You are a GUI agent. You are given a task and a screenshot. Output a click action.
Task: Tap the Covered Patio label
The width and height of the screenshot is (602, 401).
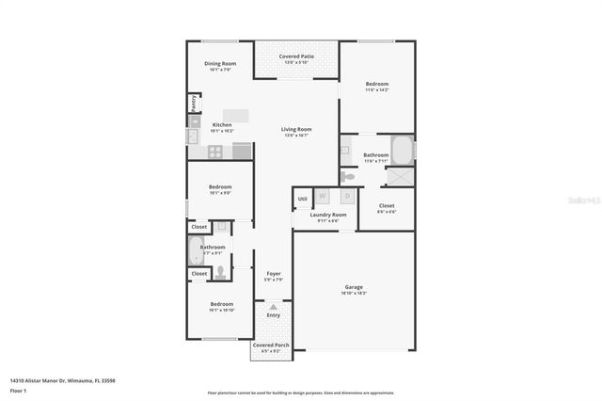296,56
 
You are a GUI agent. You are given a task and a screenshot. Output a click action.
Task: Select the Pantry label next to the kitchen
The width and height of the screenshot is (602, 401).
193,103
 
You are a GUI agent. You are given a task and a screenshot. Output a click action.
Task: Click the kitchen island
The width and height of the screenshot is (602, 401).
235,116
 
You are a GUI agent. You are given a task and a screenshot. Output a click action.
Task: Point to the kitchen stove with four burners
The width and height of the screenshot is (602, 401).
215,151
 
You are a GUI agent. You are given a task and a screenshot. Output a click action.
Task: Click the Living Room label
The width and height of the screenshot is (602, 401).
297,130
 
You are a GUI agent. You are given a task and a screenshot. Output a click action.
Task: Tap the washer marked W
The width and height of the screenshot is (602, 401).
323,197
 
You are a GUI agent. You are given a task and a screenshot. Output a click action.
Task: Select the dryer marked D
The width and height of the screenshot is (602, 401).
346,197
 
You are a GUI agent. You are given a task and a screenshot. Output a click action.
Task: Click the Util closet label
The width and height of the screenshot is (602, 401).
302,199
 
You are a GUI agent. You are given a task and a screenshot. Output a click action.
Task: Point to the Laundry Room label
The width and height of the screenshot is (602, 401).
327,215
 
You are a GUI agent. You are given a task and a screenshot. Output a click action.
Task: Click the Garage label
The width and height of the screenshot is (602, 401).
354,287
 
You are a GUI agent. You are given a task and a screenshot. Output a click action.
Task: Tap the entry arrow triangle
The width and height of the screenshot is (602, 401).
273,306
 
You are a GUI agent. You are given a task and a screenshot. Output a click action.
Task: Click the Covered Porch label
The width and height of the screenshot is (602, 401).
270,345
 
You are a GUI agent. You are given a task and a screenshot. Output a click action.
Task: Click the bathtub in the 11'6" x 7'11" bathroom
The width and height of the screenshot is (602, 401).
403,149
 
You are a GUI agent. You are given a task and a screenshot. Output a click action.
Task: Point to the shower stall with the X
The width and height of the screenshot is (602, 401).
404,176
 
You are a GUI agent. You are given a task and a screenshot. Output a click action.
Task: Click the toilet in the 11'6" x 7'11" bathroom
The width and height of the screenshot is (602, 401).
347,176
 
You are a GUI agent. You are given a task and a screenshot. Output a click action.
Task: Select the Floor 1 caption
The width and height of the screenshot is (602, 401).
18,390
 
